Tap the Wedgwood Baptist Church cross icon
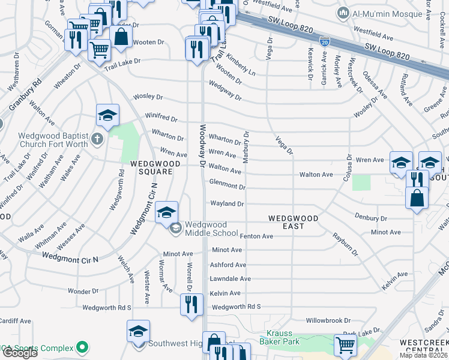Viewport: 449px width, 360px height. [x=98, y=140]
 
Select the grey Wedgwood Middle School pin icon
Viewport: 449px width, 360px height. [x=176, y=228]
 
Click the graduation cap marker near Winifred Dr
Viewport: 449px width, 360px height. [x=107, y=115]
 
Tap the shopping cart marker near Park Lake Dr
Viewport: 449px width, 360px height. [x=345, y=345]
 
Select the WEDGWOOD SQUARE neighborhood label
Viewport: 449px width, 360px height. [x=147, y=167]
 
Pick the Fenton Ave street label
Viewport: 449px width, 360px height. [x=256, y=236]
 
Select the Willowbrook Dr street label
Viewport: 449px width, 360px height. [x=328, y=321]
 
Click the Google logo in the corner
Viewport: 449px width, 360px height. [x=20, y=352]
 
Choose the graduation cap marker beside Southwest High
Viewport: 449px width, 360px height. [x=138, y=332]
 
